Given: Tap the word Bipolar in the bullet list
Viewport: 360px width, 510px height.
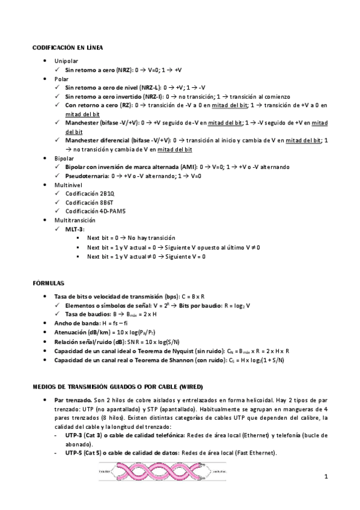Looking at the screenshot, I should click(64, 158).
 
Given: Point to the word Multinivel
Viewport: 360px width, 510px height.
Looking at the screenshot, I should click(67, 185).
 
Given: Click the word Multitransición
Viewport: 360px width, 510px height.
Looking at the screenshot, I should click(72, 221).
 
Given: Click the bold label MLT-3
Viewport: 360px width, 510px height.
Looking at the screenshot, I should click(75, 230).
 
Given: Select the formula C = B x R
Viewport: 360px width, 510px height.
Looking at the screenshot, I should click(192, 297).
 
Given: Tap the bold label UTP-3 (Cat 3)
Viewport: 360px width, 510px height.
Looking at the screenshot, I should click(83, 436).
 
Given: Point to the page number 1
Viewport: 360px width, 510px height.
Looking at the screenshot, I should click(326, 478).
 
